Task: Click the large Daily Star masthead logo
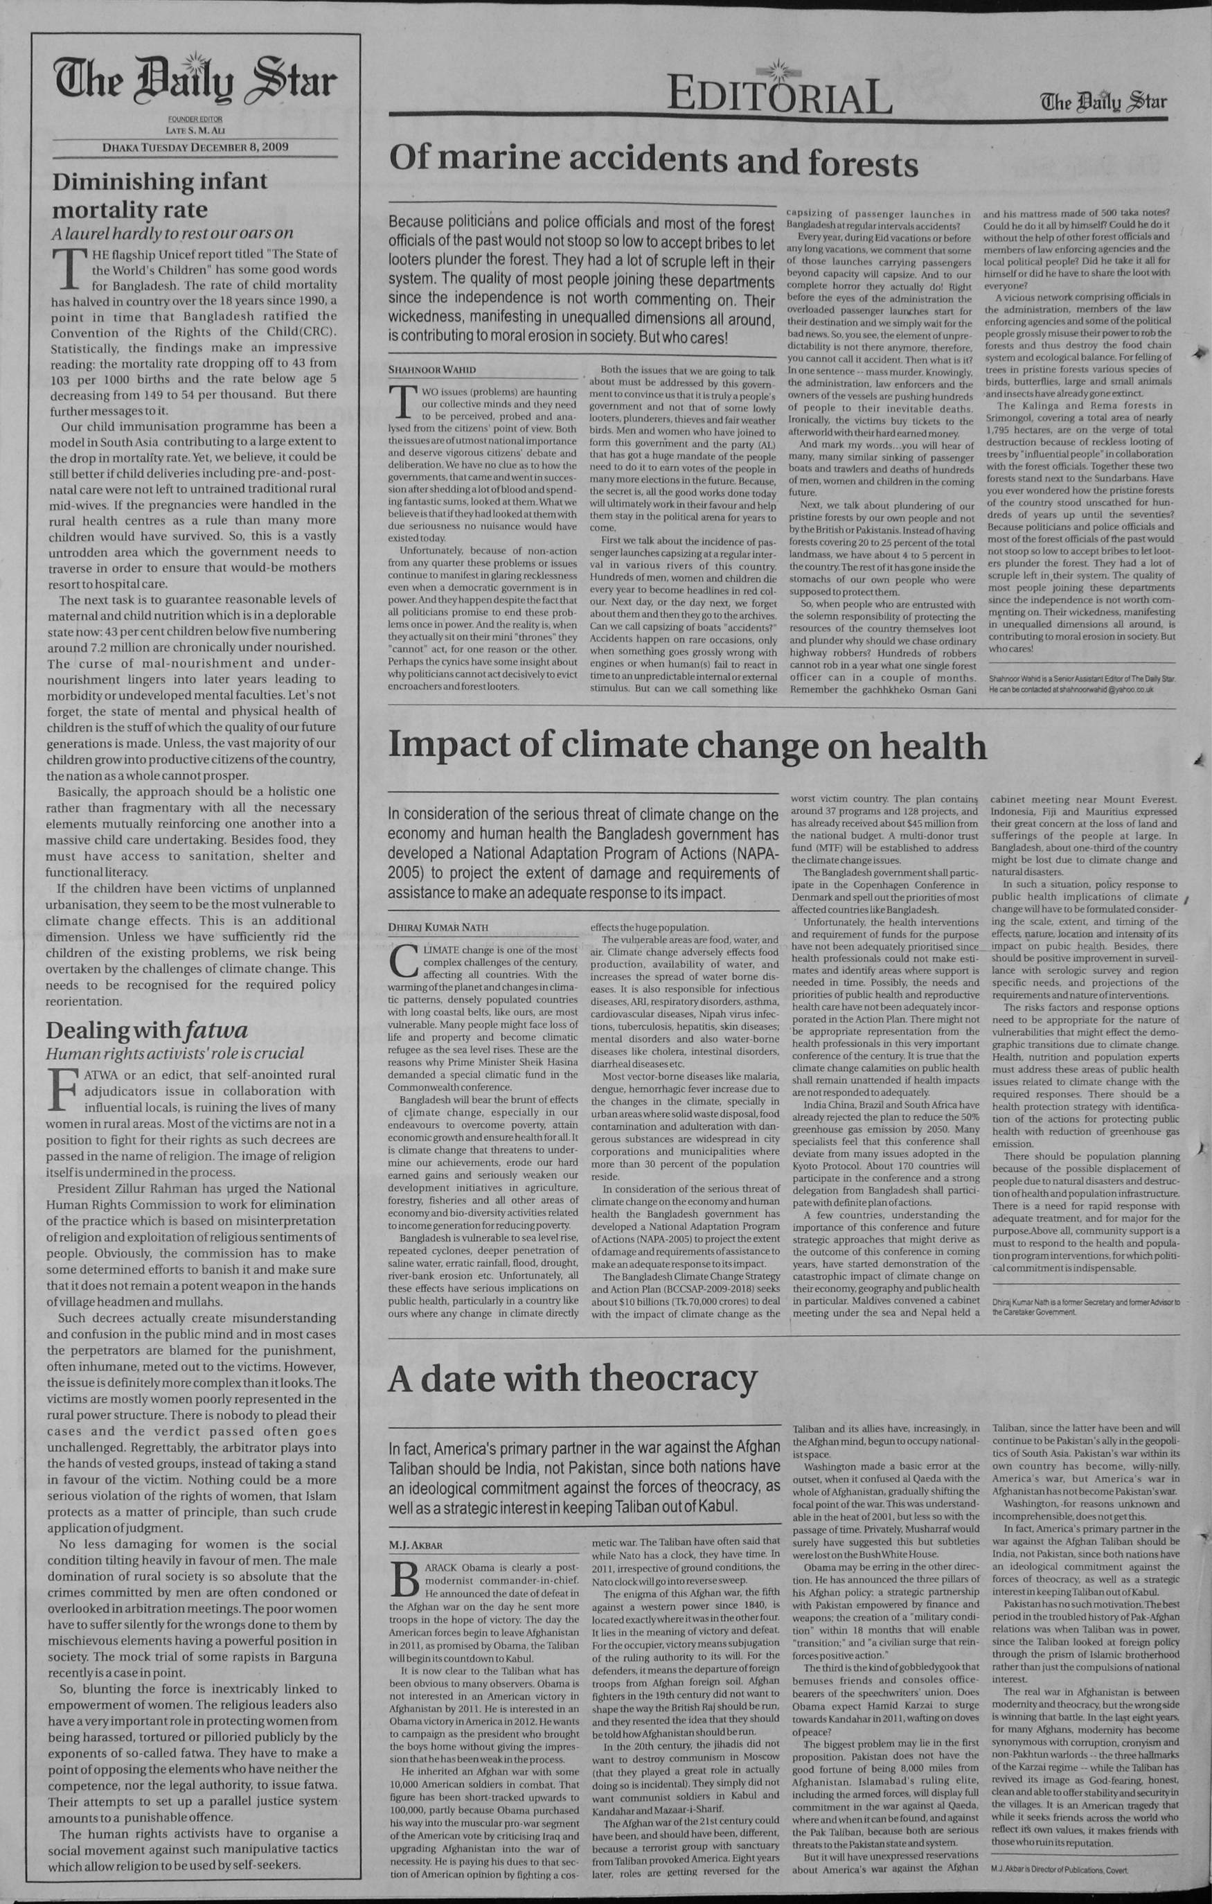195,82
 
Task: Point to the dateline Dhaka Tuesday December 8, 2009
195,147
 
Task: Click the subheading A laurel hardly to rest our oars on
172,233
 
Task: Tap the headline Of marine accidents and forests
653,162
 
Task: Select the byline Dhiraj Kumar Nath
438,925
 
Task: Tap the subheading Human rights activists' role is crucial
174,1053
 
